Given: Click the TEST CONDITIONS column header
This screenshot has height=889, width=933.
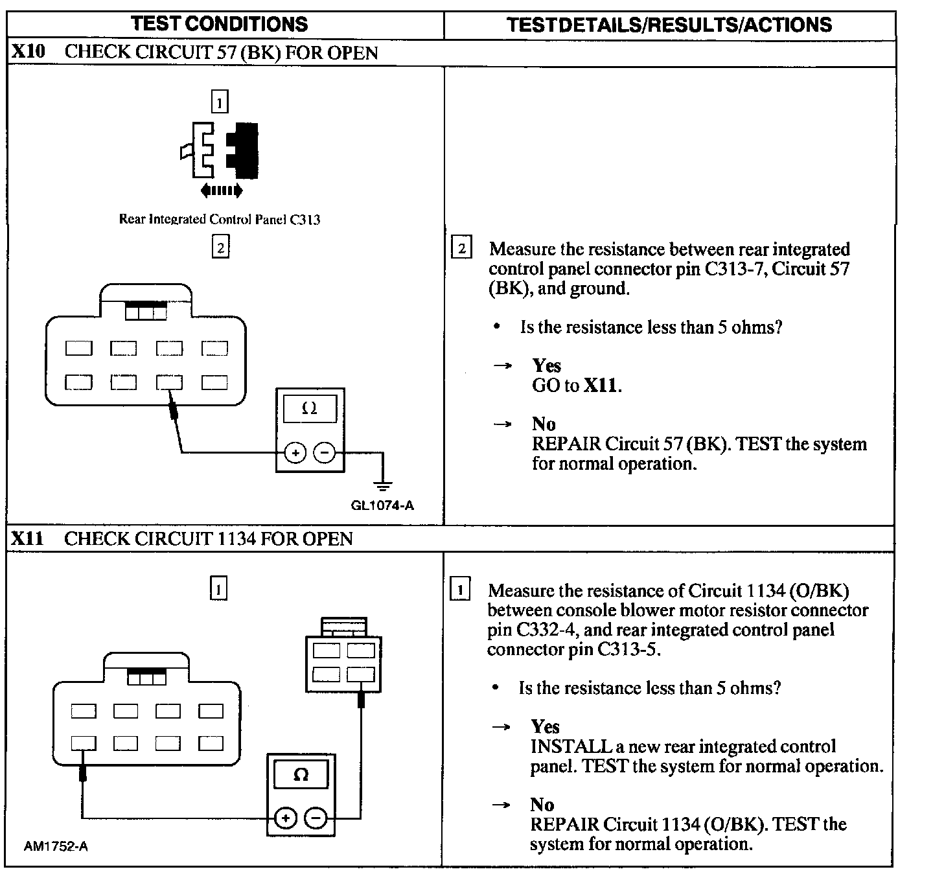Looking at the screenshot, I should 219,24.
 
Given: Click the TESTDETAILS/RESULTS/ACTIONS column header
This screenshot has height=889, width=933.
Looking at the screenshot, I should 669,25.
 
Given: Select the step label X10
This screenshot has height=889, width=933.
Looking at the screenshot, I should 28,52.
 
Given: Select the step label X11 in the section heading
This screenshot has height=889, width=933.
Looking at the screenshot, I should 28,538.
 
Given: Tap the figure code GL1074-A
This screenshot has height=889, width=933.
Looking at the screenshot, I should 382,505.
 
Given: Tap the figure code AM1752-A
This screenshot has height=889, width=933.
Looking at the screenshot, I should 56,846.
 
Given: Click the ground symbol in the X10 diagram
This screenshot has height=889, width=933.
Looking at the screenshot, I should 384,485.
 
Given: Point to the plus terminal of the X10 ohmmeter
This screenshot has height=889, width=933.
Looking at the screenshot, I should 295,453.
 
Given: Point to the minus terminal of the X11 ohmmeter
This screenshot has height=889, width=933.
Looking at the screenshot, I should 316,818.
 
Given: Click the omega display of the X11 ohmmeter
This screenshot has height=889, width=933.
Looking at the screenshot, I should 301,775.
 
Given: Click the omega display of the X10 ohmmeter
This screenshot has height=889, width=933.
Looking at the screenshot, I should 310,410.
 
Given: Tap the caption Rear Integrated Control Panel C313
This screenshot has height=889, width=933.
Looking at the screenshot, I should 219,219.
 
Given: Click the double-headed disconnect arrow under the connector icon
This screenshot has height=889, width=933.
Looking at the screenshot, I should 222,190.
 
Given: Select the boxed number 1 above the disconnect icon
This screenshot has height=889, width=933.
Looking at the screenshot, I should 220,102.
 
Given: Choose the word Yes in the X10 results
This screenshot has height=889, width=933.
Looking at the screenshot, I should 546,366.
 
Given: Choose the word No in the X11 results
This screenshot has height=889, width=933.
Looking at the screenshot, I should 542,805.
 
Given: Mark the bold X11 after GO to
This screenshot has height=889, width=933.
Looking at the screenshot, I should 601,386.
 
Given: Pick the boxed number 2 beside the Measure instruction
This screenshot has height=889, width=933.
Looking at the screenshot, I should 461,249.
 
